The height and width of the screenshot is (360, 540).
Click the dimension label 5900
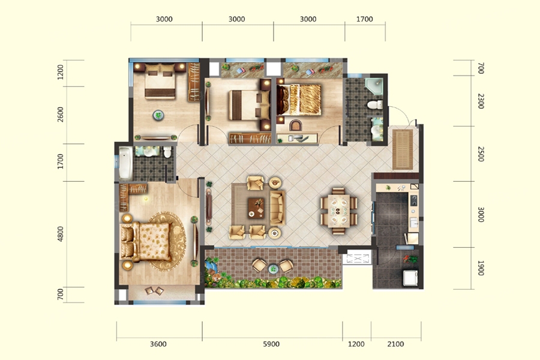tap(271, 344)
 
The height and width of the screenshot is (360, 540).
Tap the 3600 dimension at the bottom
tap(158, 344)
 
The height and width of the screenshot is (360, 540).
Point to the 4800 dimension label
tap(61, 234)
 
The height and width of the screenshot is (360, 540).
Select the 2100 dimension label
tap(395, 344)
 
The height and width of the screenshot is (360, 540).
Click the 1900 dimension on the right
tap(481, 268)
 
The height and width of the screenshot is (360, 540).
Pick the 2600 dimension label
tap(61, 115)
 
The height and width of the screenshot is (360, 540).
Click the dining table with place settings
tap(338, 211)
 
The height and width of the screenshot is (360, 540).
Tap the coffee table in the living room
tap(256, 208)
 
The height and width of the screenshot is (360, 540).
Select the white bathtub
tap(125, 164)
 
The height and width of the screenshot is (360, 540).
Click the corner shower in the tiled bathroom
tap(374, 87)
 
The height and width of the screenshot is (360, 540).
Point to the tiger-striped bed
tap(299, 100)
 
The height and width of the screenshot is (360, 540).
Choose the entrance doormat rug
tap(403, 149)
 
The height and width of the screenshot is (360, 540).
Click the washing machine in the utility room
tap(410, 278)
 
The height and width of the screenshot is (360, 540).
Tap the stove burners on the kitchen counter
tap(413, 200)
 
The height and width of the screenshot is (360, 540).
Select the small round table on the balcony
tap(273, 268)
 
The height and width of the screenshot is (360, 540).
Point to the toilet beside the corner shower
tap(375, 104)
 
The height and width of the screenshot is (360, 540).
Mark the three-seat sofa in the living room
tap(277, 208)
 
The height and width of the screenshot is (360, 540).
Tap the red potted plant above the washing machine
tap(410, 259)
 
